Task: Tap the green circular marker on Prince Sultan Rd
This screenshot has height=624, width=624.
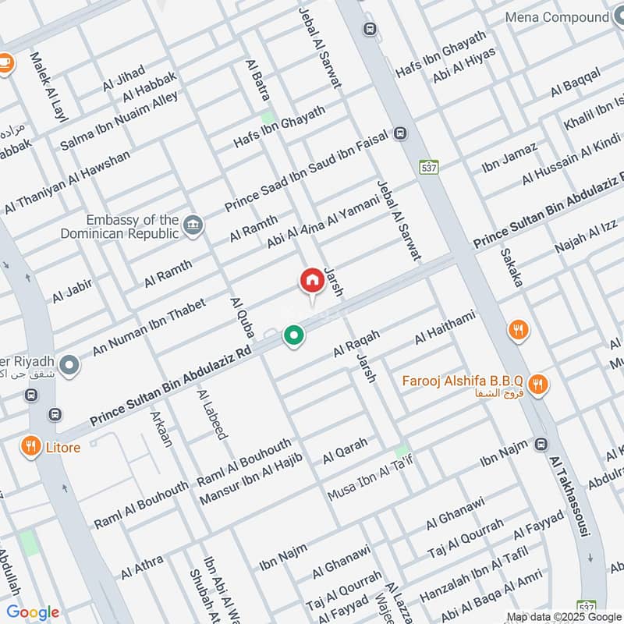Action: point(293,335)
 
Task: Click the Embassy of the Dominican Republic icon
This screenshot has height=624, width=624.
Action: point(191,226)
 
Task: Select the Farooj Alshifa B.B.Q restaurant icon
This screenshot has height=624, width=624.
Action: point(537,384)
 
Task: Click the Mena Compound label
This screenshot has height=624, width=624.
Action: point(555,17)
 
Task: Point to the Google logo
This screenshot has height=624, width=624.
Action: point(33,612)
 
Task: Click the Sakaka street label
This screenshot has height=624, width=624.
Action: point(511,268)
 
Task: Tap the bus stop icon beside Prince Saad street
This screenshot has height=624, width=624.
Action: point(401,133)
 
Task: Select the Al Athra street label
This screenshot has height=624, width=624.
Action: point(142,567)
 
